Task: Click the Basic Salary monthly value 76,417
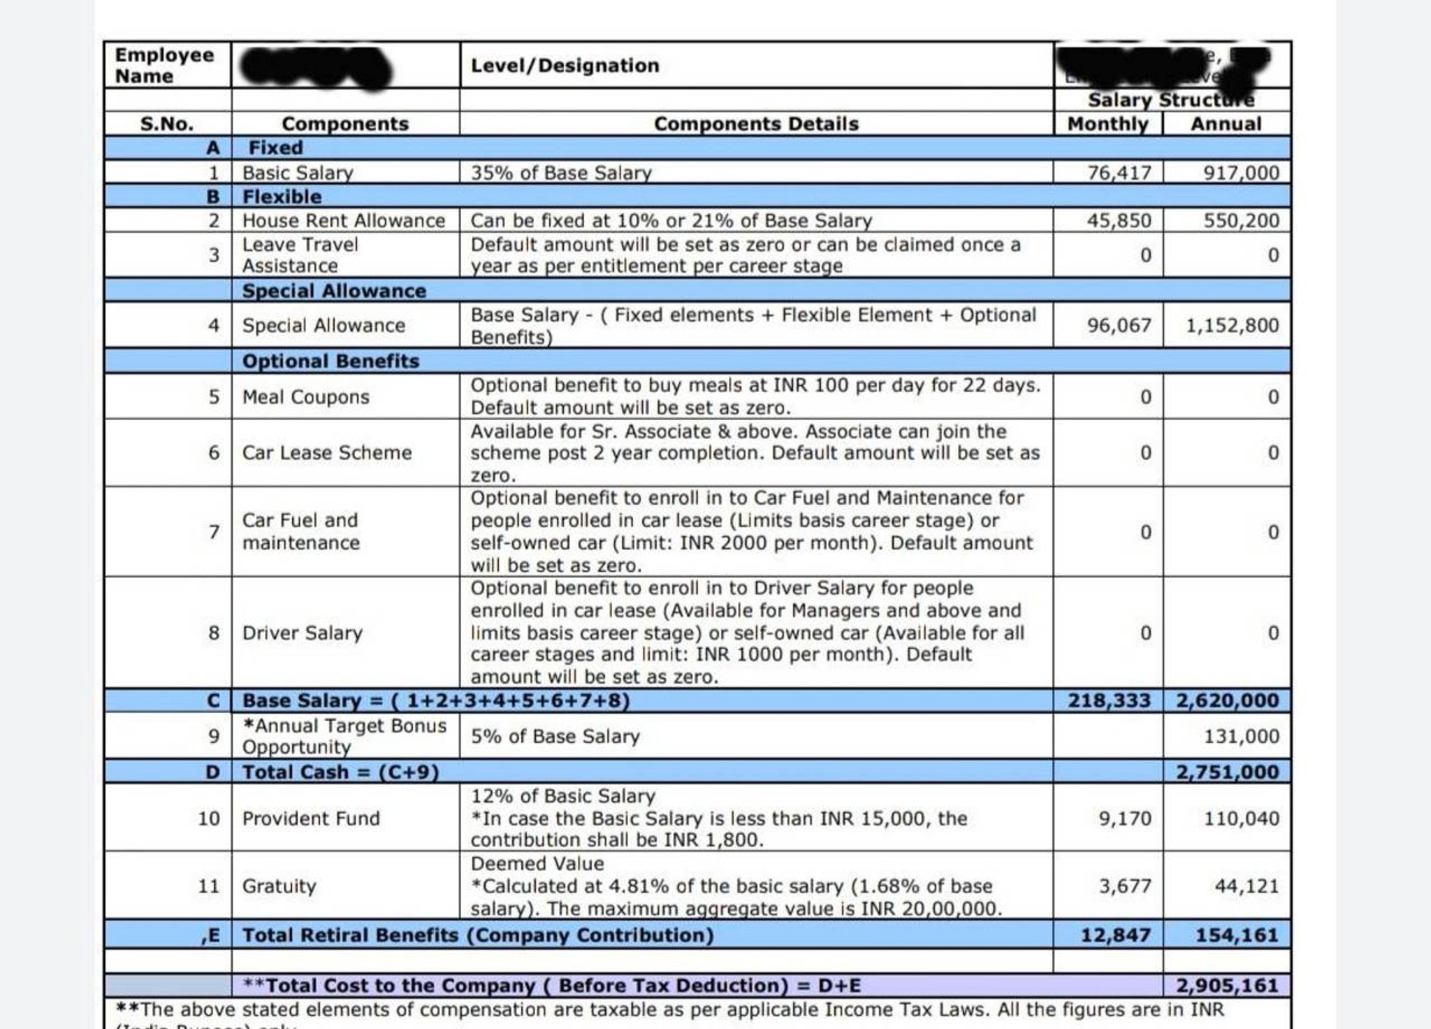(x=1119, y=173)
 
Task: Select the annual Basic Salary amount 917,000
(x=1240, y=173)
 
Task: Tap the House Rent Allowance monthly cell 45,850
(x=1118, y=221)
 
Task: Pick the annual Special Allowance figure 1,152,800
(x=1232, y=326)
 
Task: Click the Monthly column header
(x=1107, y=124)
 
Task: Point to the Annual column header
(x=1226, y=124)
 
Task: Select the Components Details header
(x=756, y=124)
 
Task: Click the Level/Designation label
(x=565, y=66)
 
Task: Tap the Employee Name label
(x=164, y=66)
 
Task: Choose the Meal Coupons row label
(x=305, y=397)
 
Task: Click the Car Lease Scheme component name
(x=326, y=453)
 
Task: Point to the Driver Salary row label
(x=302, y=633)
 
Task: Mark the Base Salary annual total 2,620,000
(x=1227, y=701)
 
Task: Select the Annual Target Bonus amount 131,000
(x=1241, y=737)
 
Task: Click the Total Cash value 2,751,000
(x=1227, y=772)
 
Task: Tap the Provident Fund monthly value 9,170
(x=1124, y=819)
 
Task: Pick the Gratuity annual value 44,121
(x=1246, y=886)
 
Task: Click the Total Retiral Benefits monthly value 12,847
(x=1115, y=935)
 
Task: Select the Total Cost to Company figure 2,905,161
(x=1227, y=986)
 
